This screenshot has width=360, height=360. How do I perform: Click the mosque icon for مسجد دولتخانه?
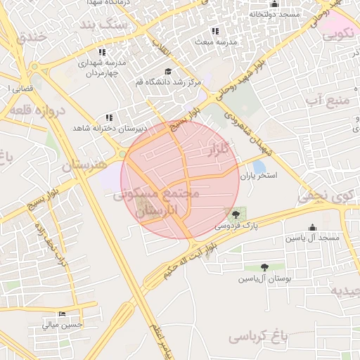coord(274,4)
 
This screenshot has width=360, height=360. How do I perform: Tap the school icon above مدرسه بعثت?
coord(215,31)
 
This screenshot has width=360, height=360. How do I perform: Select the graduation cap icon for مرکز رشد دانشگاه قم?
coord(168,72)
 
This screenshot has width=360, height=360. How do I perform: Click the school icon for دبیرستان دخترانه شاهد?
coord(109,117)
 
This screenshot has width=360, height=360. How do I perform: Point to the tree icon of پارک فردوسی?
coord(234,214)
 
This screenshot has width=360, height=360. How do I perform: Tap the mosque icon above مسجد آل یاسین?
coord(312,227)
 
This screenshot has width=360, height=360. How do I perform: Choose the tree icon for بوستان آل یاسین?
coord(264,266)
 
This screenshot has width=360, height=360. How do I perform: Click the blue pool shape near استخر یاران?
coord(259,167)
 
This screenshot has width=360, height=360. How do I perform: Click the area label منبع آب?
coord(328,101)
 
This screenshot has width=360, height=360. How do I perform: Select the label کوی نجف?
coord(322,198)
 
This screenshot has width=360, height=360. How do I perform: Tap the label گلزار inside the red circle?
coord(219,150)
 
